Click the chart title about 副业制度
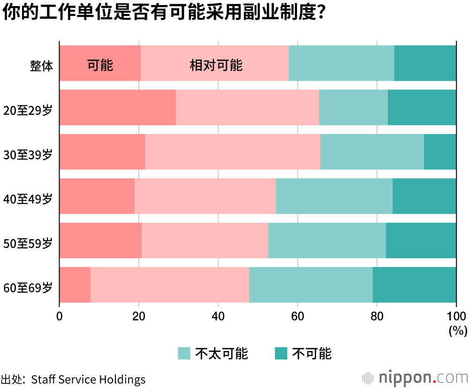(x=164, y=13)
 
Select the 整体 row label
(x=41, y=65)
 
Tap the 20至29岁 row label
(x=28, y=110)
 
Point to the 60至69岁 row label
(x=28, y=287)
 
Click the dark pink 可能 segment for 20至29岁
(x=117, y=107)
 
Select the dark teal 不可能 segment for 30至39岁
(x=440, y=152)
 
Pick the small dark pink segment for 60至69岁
(x=75, y=285)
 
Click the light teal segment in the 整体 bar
(x=341, y=63)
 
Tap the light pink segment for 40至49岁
(x=205, y=196)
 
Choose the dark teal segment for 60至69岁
(x=414, y=285)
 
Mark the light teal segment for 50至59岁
(x=327, y=240)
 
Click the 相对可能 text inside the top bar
(x=216, y=65)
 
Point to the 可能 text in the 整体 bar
(x=100, y=65)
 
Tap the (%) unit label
(x=458, y=331)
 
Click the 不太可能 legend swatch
(x=184, y=353)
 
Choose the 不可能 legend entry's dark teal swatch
(x=280, y=353)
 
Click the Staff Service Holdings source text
(x=88, y=379)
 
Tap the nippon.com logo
(x=415, y=378)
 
